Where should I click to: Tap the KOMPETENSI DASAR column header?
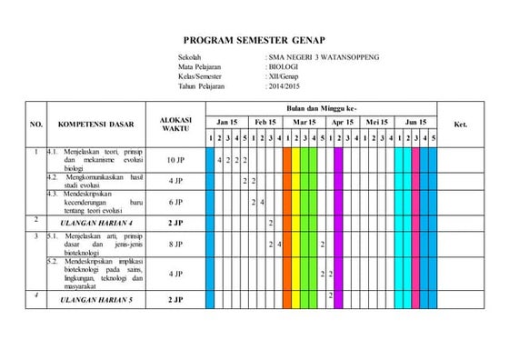pyautogui.click(x=95, y=124)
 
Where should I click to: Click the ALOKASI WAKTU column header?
pyautogui.click(x=175, y=124)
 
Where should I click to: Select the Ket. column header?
pyautogui.click(x=460, y=124)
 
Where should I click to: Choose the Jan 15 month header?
pyautogui.click(x=227, y=121)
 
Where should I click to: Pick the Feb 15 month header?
pyautogui.click(x=265, y=121)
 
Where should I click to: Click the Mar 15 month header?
pyautogui.click(x=304, y=121)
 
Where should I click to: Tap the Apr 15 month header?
pyautogui.click(x=343, y=121)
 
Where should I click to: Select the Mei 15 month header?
pyautogui.click(x=376, y=121)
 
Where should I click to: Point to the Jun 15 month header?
pyautogui.click(x=414, y=121)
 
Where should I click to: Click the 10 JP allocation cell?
pyautogui.click(x=175, y=160)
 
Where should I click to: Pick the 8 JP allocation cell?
pyautogui.click(x=175, y=245)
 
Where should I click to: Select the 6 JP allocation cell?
pyautogui.click(x=175, y=202)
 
